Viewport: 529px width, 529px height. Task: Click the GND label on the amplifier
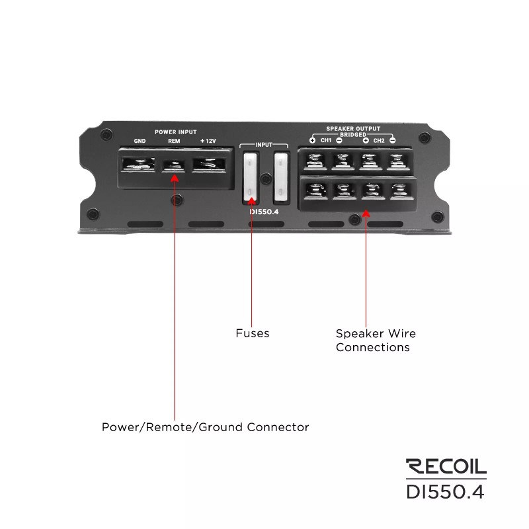click(x=140, y=141)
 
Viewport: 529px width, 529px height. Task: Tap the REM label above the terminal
click(x=174, y=141)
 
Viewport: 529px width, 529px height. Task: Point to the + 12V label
click(x=208, y=141)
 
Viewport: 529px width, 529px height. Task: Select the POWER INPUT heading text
click(x=175, y=132)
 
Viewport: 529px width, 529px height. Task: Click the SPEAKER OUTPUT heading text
click(x=352, y=128)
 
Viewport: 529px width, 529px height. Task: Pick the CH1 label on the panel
click(x=326, y=141)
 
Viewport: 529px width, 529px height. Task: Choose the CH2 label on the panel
click(x=379, y=141)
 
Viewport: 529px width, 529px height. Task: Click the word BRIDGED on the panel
click(x=352, y=134)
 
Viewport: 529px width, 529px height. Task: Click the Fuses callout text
click(x=253, y=333)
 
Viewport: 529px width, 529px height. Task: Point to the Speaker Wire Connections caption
click(x=376, y=341)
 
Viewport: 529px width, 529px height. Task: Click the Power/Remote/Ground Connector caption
click(x=205, y=427)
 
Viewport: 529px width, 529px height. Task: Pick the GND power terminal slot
click(x=140, y=164)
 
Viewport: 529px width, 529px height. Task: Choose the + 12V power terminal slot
click(x=209, y=164)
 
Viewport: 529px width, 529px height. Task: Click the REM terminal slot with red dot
click(x=175, y=164)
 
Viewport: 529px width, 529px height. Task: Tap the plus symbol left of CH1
click(x=312, y=141)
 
